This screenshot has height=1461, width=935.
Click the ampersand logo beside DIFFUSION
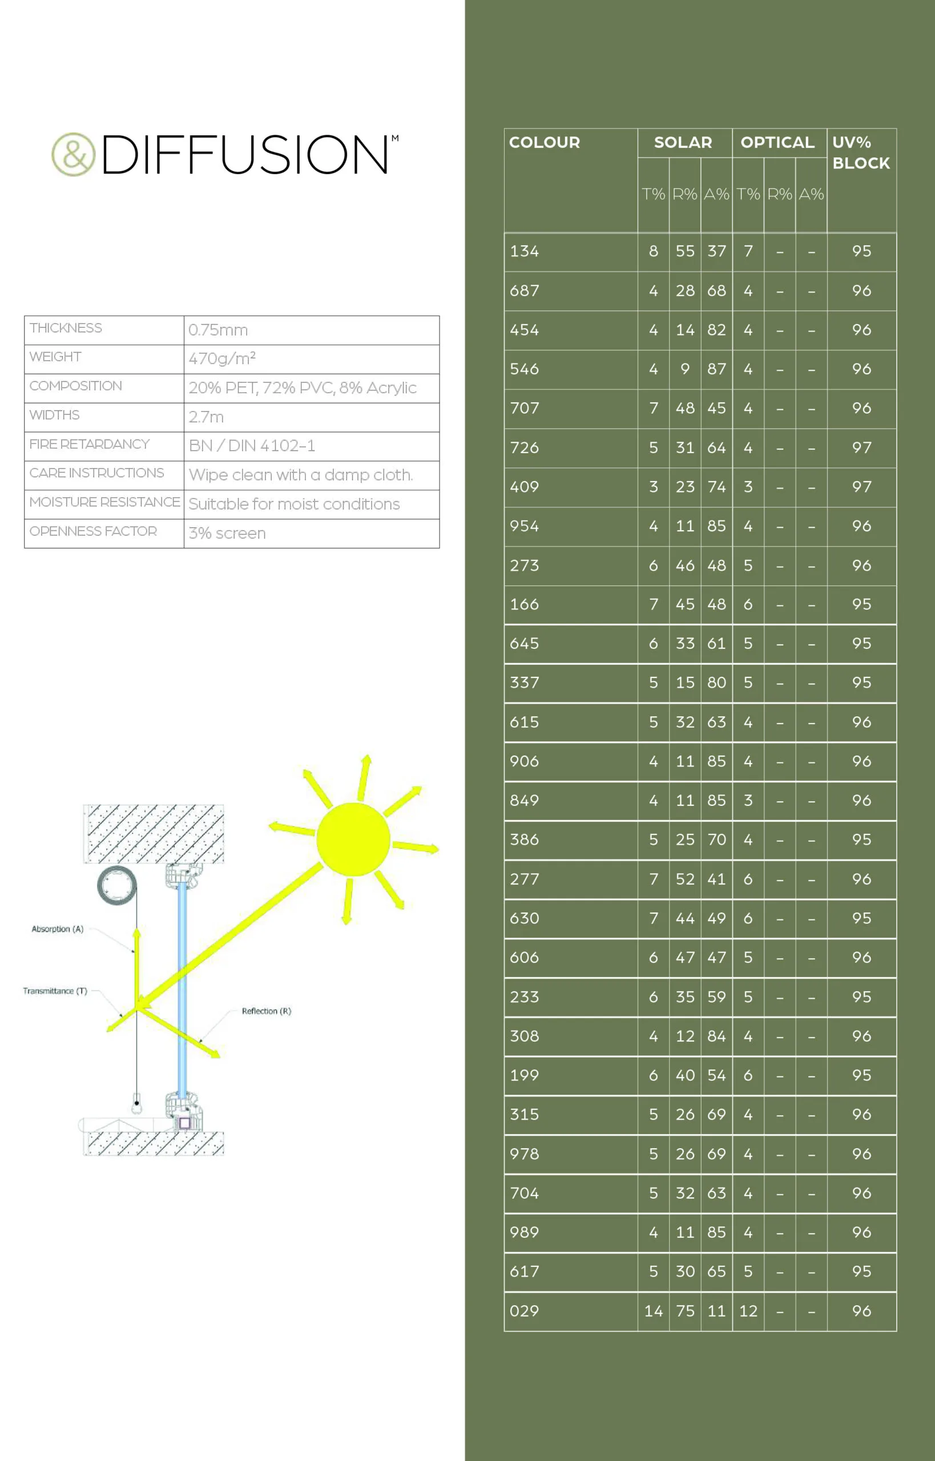tap(74, 154)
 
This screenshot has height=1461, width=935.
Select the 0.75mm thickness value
tap(218, 330)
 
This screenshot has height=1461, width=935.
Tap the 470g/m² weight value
tap(221, 359)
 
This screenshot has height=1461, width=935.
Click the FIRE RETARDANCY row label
tap(89, 445)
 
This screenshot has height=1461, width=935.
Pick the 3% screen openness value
tap(227, 534)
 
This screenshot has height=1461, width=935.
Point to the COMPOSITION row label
tap(76, 386)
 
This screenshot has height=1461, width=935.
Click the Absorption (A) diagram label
tap(58, 929)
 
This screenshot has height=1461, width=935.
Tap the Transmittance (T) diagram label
tap(55, 991)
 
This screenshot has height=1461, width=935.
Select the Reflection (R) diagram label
tap(267, 1011)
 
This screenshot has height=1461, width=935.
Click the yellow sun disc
tap(353, 839)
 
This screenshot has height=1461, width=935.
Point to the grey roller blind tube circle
tap(117, 885)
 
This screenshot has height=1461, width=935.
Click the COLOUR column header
tap(545, 143)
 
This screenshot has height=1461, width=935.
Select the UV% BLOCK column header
tap(861, 152)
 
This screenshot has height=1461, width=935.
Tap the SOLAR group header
tap(683, 143)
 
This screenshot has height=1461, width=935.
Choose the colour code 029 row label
tap(525, 1310)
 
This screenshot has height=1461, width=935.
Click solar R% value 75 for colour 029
tap(685, 1311)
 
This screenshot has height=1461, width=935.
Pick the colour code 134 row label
tap(525, 251)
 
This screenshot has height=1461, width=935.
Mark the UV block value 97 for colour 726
tap(861, 448)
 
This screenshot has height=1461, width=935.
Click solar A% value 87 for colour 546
tap(716, 369)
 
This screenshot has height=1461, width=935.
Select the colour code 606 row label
tap(525, 957)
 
